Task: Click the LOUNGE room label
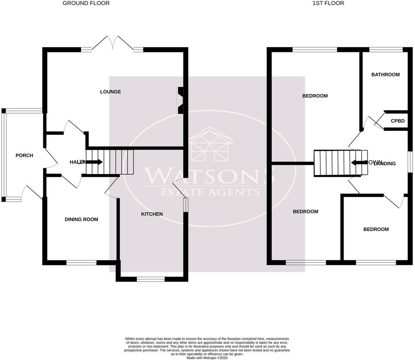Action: click(110, 92)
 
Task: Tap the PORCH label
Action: click(24, 156)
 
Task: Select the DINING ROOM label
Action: click(81, 219)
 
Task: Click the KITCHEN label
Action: click(152, 214)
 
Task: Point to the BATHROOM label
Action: click(385, 75)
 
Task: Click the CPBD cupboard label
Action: click(397, 121)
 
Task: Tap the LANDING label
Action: click(385, 164)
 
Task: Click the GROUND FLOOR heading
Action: click(86, 3)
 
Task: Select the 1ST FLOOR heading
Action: click(328, 3)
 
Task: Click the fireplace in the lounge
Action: click(180, 100)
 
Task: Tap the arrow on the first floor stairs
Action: click(358, 162)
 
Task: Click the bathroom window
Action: click(386, 50)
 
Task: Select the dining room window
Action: click(81, 263)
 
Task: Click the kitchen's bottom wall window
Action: click(150, 279)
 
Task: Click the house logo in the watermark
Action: click(210, 145)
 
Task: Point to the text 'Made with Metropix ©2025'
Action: click(207, 358)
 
